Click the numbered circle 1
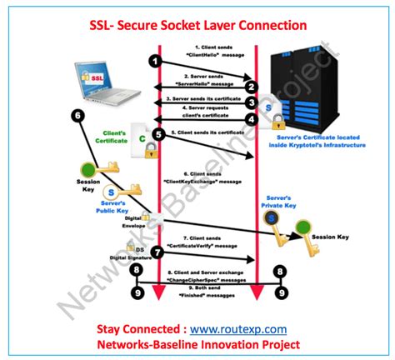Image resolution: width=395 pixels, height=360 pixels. (154, 60)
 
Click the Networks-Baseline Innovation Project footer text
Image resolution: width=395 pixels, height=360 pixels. (197, 345)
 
